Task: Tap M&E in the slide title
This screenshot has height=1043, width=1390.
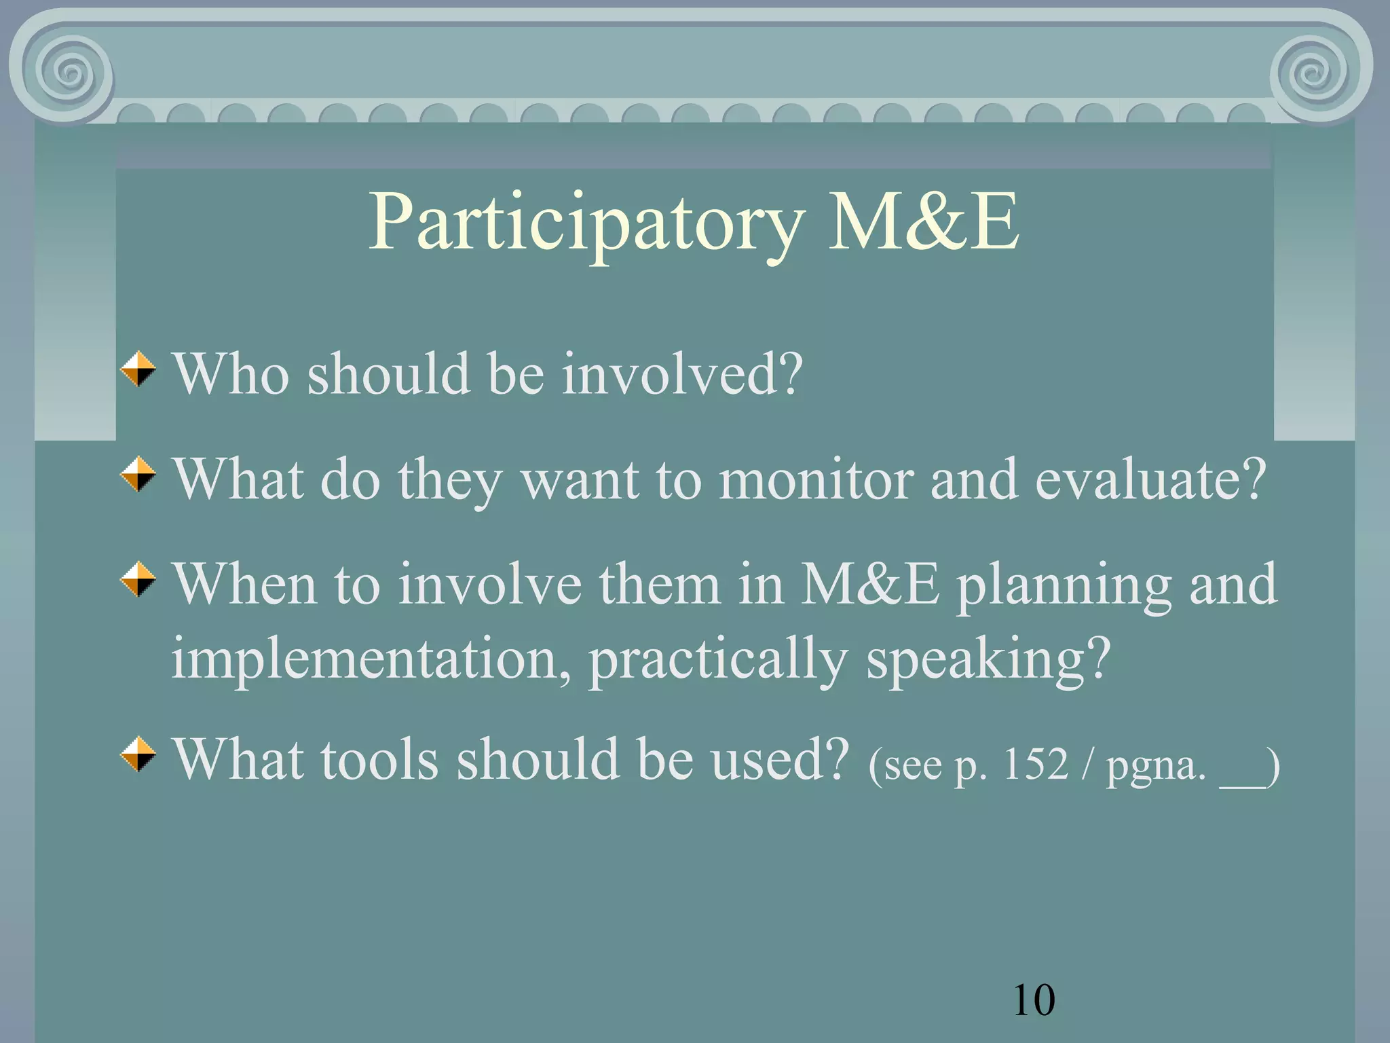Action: (923, 221)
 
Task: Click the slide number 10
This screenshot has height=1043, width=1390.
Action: (1033, 1000)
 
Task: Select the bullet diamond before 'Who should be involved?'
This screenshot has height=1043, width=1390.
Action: (138, 369)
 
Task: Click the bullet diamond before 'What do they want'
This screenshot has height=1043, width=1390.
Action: (138, 474)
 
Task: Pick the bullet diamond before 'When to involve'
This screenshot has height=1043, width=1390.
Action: (138, 579)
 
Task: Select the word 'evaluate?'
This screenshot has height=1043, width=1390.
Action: (1150, 479)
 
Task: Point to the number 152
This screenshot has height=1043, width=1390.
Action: (1035, 765)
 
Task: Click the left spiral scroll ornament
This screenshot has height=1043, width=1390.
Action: (71, 71)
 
